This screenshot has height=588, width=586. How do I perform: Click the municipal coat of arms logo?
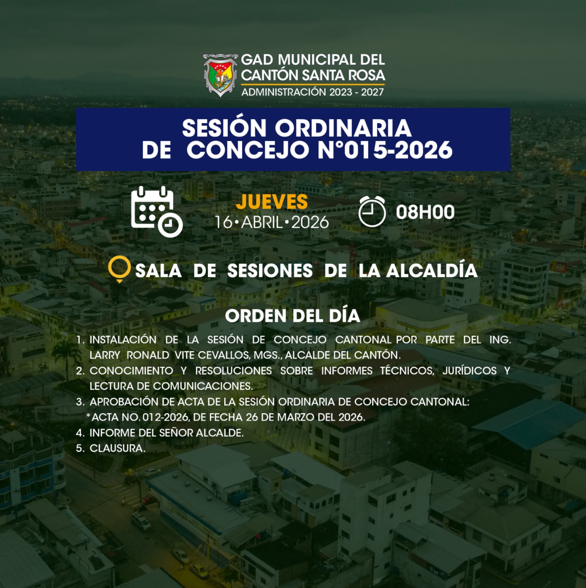click(x=220, y=75)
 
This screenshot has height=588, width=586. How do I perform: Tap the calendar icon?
click(x=157, y=211)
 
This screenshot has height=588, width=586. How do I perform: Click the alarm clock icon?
click(x=372, y=211)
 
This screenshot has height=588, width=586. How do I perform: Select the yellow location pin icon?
click(x=119, y=269)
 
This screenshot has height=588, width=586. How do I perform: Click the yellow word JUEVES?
click(x=272, y=202)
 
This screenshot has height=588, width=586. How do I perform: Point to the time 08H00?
click(x=425, y=212)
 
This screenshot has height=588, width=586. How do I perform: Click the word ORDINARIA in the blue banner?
click(x=343, y=128)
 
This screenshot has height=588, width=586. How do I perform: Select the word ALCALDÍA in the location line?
click(x=432, y=270)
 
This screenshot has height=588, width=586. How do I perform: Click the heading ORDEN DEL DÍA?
click(x=292, y=316)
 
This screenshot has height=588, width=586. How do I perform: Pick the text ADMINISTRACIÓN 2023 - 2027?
click(x=313, y=92)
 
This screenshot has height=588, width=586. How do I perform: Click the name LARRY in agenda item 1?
click(x=105, y=355)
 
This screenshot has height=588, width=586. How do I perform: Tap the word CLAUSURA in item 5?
click(x=117, y=448)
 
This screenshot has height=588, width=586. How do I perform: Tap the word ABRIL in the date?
click(x=262, y=222)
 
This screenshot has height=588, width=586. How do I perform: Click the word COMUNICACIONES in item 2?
click(x=203, y=386)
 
